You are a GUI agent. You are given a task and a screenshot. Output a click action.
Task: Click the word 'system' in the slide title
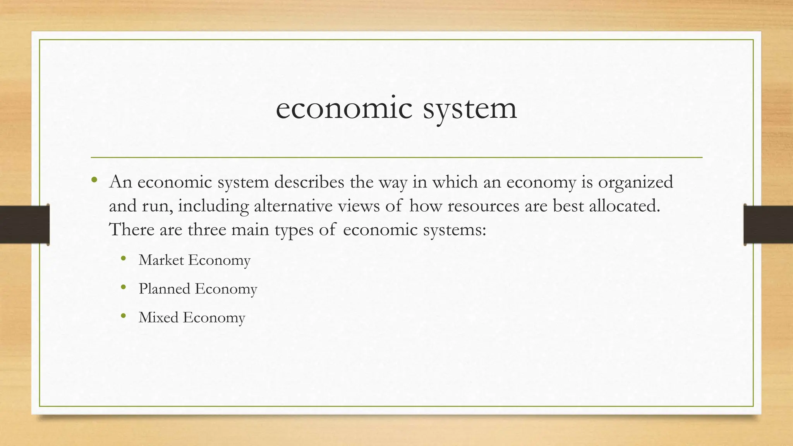[x=470, y=108]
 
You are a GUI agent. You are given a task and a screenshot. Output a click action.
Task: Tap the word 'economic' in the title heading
[x=344, y=108]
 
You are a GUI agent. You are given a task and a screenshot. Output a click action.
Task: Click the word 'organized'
[x=635, y=182]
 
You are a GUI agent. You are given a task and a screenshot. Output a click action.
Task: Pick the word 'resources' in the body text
[x=483, y=206]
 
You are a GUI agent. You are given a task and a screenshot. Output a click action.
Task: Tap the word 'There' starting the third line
[x=131, y=229]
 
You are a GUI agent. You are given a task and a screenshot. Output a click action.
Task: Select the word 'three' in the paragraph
[x=207, y=229]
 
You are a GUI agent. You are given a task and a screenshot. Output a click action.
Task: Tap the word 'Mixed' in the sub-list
[x=158, y=317]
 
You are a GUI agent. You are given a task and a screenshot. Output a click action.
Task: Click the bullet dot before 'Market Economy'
[x=124, y=259]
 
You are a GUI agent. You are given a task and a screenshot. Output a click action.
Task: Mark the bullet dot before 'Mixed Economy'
[x=124, y=316]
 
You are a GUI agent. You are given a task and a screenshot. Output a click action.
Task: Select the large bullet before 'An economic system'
[x=94, y=180]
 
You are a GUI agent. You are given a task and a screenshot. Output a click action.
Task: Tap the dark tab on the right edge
[x=768, y=225]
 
